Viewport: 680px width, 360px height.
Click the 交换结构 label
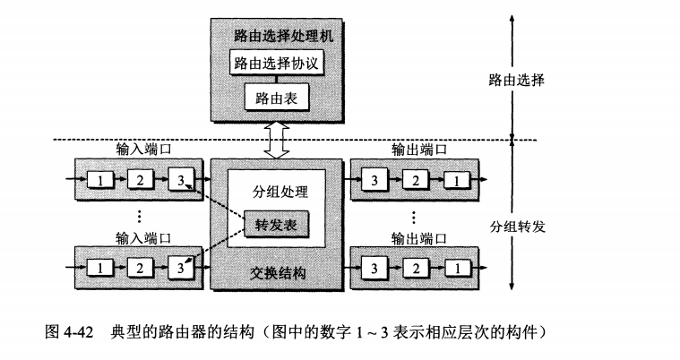(x=276, y=272)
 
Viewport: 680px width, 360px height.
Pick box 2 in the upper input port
(x=140, y=180)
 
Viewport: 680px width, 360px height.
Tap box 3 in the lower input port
(x=180, y=267)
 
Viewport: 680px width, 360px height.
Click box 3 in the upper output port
(x=374, y=180)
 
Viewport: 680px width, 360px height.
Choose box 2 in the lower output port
(x=415, y=267)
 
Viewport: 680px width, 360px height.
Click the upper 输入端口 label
(x=143, y=150)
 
